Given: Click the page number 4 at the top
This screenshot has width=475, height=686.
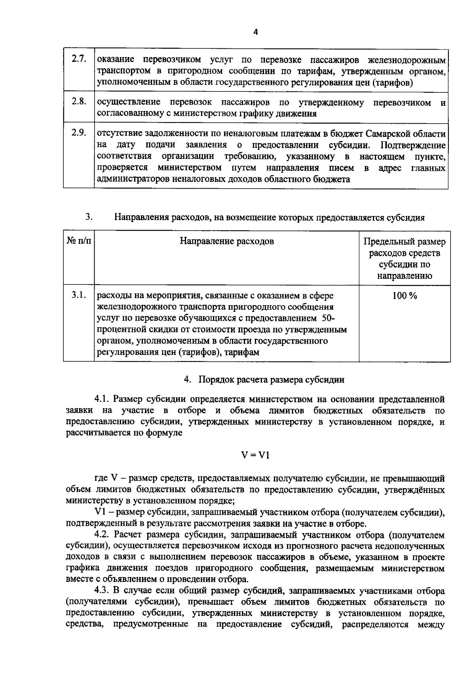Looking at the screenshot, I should point(255,32).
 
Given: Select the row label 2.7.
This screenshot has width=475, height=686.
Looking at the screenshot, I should point(79,59).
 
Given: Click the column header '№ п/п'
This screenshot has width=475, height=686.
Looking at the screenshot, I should point(78,241).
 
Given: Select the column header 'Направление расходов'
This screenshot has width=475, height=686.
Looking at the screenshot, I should point(227,241).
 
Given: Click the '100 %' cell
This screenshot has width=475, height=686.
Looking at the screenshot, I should point(405,296).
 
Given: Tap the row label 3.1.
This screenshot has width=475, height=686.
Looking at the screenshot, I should point(79,295).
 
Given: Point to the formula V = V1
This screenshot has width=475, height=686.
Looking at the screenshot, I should point(255,455).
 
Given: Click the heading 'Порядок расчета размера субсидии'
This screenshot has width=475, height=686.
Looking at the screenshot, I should point(271,380).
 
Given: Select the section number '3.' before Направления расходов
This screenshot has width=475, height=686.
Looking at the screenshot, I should point(89,217).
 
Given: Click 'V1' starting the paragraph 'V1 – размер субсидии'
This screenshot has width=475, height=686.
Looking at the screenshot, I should point(99,512).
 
